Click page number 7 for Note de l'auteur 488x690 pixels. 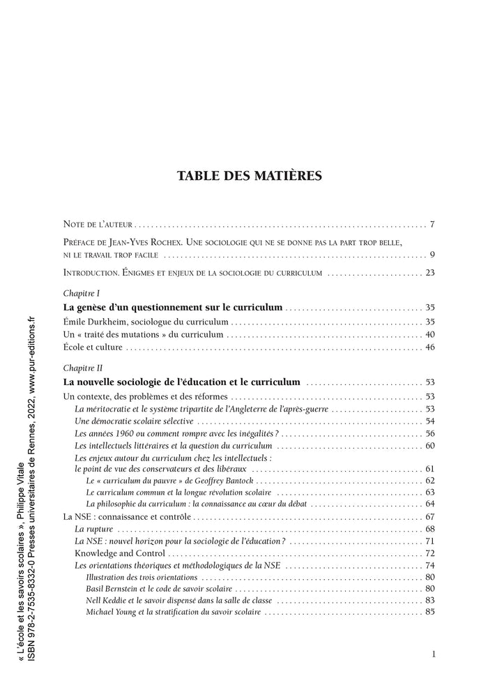tap(432, 225)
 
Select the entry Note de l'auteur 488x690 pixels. tap(98, 225)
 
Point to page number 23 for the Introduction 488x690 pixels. tap(429, 273)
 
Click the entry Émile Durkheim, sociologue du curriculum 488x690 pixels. tap(146, 322)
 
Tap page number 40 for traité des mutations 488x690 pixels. tap(429, 335)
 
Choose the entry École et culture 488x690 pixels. tap(93, 347)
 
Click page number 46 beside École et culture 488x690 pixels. tap(429, 347)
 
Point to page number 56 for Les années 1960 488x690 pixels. tap(429, 434)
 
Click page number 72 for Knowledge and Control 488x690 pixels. tap(429, 553)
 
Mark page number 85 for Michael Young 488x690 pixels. tap(429, 613)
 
